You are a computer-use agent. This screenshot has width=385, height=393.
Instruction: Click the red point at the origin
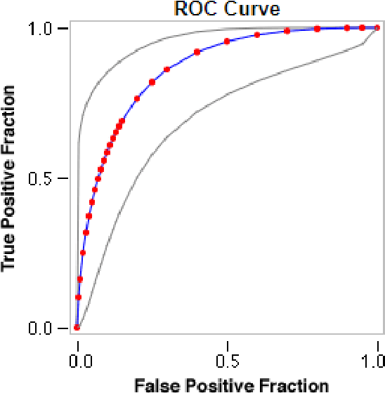pos(77,327)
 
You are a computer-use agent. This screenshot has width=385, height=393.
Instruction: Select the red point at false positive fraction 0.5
pos(227,41)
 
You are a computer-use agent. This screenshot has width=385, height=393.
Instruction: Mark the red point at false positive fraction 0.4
pos(197,52)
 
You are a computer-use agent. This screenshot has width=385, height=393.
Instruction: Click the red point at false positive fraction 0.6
pos(257,34)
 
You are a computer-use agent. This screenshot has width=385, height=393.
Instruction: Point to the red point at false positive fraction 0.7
pos(287,31)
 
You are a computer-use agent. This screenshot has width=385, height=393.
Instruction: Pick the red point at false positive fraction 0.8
pos(318,29)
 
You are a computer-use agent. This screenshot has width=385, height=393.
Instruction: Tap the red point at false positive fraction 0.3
pos(167,69)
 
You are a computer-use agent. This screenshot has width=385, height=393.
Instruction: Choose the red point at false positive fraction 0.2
pos(137,98)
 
